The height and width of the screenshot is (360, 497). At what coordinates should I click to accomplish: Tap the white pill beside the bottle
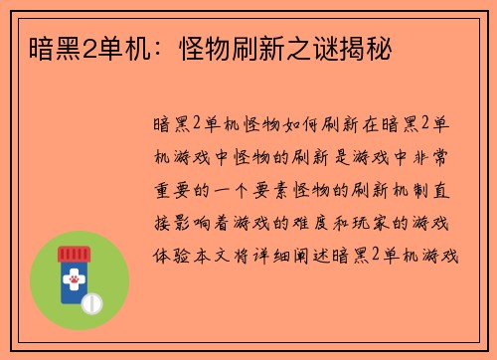(91, 300)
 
